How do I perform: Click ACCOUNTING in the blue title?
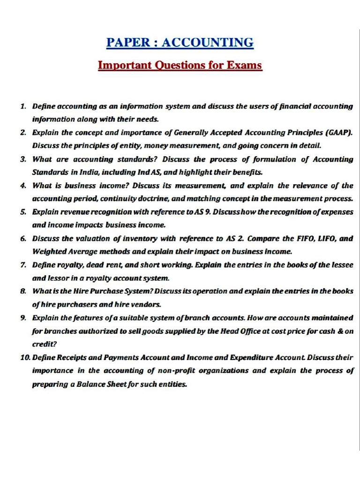click(208, 43)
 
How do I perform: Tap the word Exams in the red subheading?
click(242, 65)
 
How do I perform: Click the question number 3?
click(23, 159)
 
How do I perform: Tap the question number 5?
click(23, 212)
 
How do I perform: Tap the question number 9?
click(23, 318)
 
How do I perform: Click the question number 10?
click(25, 357)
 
